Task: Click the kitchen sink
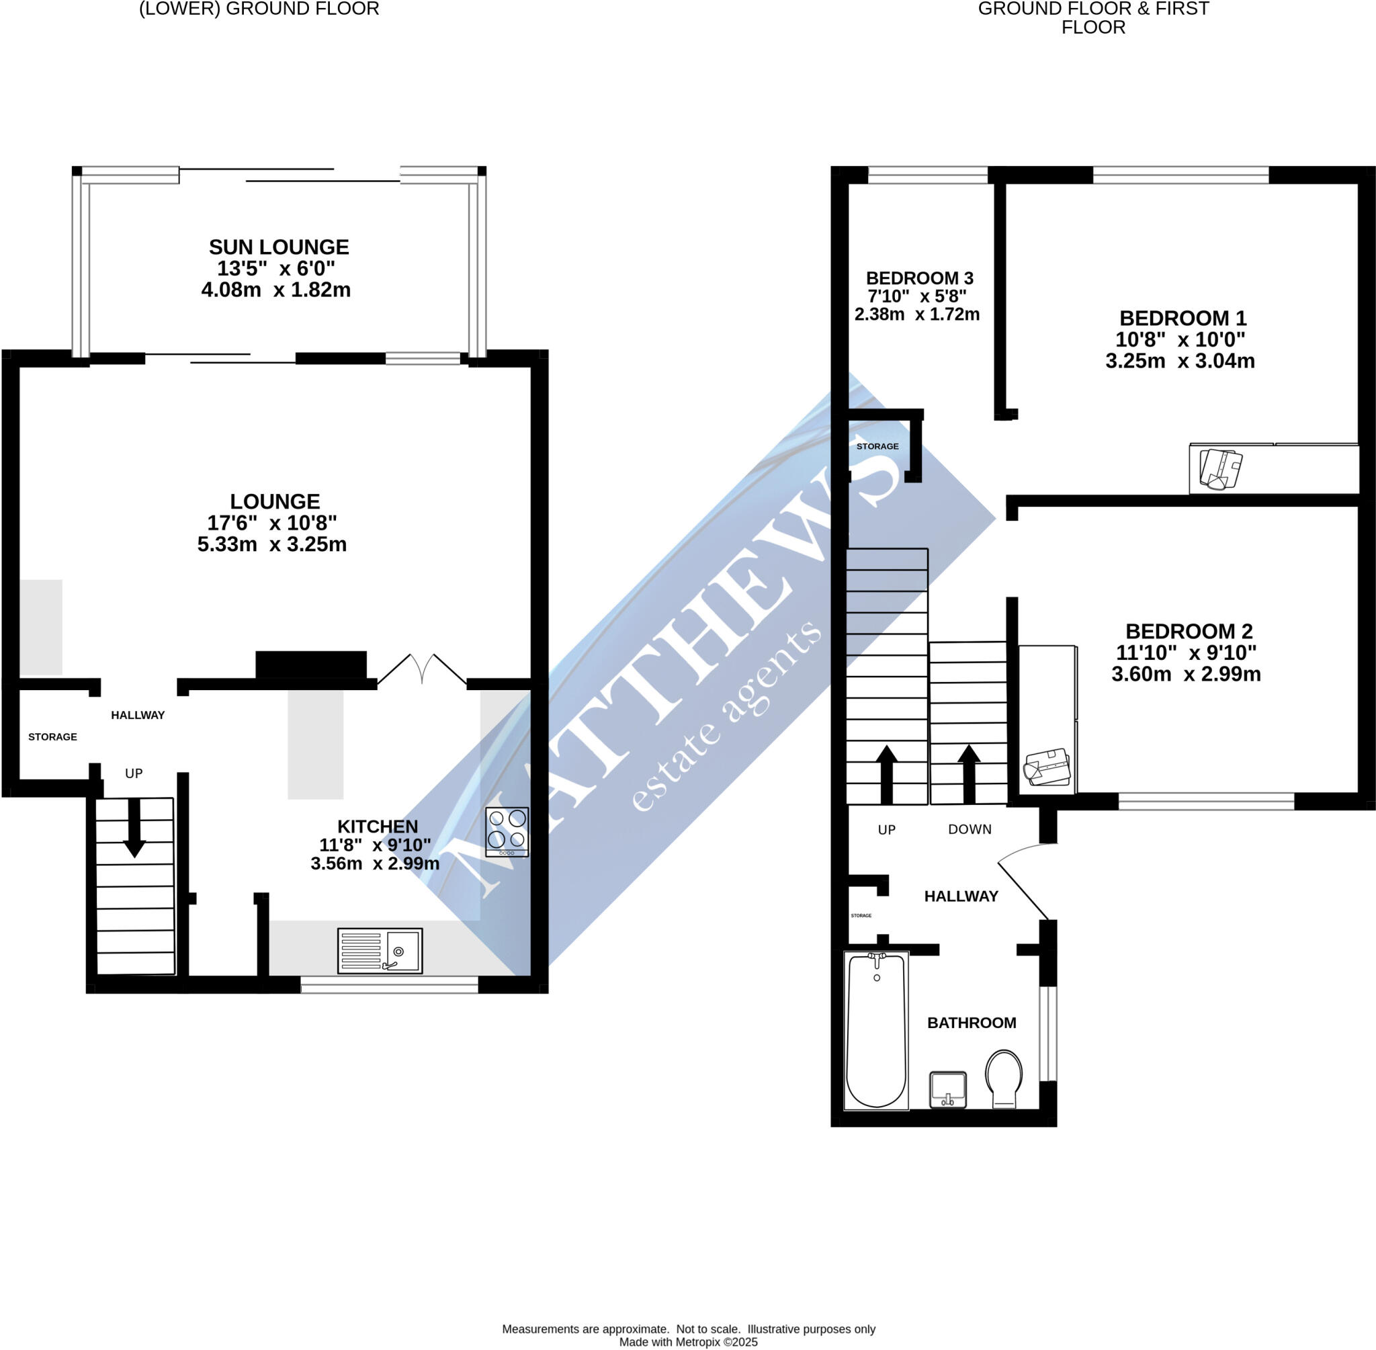(x=380, y=951)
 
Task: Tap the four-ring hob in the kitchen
(x=507, y=833)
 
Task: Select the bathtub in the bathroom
(x=876, y=1030)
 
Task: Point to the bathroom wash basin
(x=948, y=1089)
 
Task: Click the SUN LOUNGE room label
(x=279, y=247)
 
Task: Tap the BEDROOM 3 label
(x=919, y=278)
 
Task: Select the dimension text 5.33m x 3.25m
(x=272, y=544)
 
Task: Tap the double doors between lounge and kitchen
(x=422, y=669)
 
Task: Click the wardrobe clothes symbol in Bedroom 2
(x=1047, y=767)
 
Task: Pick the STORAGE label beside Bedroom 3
(x=877, y=446)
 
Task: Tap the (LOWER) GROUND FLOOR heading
(x=259, y=9)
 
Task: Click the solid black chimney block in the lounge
(x=311, y=665)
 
